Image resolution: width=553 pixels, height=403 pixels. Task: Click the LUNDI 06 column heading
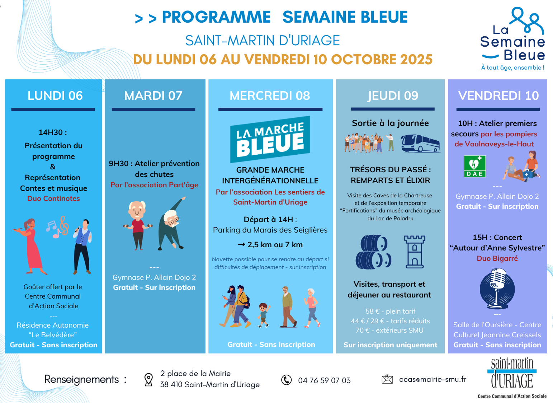pos(55,95)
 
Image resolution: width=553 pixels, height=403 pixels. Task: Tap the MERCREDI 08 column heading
pos(270,95)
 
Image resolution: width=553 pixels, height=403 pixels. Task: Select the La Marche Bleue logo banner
pos(270,139)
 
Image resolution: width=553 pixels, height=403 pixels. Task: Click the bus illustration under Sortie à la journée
pos(421,143)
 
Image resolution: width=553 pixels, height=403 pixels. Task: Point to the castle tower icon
pos(415,252)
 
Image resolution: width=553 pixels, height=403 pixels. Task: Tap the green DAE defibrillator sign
pos(475,166)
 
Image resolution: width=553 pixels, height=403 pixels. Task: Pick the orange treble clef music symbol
pos(64,226)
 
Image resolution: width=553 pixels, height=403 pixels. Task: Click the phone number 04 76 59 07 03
pos(324,380)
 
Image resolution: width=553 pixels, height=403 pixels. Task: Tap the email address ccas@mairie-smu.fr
pos(433,379)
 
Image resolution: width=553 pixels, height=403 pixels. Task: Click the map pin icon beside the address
pos(148,380)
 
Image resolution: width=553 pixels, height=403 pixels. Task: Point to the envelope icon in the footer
pos(387,379)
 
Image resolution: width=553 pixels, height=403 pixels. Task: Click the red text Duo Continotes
pos(53,198)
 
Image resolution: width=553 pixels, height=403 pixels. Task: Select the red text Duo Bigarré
pos(497,258)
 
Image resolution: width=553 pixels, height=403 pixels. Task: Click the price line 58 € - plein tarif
pos(390,311)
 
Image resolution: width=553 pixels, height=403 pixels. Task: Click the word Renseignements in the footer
pos(81,379)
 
